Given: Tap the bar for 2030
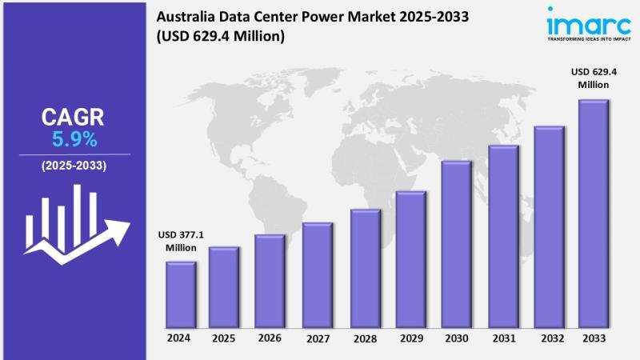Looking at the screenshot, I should coord(455,244).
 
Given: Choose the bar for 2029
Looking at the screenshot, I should coord(410,259).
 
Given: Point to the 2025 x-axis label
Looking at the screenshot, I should coord(224,338).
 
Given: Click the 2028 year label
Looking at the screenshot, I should coord(364,338).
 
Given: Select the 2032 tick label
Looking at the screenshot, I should coord(549,338).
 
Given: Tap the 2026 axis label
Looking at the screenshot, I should coord(270,338).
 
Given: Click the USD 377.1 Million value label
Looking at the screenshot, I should coord(182,241).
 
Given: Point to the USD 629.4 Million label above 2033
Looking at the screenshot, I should coord(593,78).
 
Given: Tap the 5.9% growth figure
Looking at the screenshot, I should coord(74,140).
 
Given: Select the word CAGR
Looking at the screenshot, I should coord(74,118).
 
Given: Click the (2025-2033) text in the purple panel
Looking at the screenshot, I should coord(74,166).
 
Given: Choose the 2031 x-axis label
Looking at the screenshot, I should coord(502,338).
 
